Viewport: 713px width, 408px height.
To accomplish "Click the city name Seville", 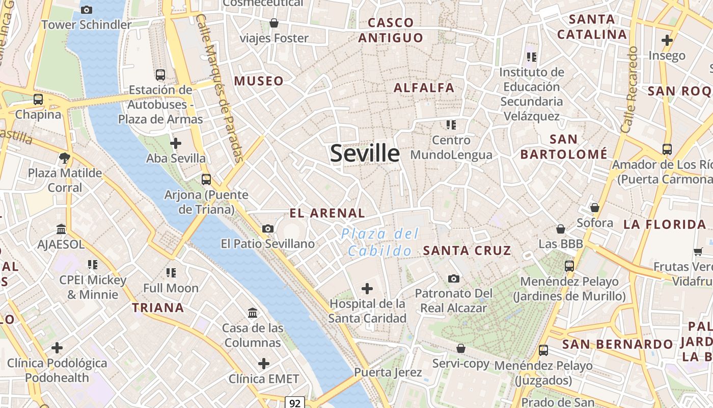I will (x=365, y=154).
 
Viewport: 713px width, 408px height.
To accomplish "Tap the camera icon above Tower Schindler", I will (x=87, y=10).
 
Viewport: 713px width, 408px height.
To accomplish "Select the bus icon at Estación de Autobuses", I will (x=160, y=75).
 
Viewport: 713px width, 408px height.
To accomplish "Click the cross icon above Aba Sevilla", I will (x=176, y=143).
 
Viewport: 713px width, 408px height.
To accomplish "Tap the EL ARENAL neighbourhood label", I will (x=327, y=213).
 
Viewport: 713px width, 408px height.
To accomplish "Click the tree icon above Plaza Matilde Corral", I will (x=65, y=158).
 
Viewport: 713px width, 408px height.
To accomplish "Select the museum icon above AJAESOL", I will (x=61, y=229).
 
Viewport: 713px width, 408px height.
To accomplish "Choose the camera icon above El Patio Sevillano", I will (x=268, y=229).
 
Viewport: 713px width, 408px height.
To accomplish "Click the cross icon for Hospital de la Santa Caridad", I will (x=367, y=289).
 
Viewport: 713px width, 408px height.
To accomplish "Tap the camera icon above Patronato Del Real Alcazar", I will (x=453, y=278).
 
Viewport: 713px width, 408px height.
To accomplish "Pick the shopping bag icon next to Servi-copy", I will (x=460, y=348).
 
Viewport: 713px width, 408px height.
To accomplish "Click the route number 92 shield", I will (x=294, y=403).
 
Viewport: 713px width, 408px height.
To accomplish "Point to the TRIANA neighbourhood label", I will (x=158, y=308).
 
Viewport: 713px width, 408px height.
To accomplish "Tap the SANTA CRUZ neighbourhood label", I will (x=467, y=250).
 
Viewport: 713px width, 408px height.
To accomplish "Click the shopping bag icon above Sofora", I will (x=594, y=208).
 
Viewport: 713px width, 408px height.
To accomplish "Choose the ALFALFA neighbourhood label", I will (x=424, y=88).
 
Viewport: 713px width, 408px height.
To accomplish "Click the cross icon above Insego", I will (x=667, y=40).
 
